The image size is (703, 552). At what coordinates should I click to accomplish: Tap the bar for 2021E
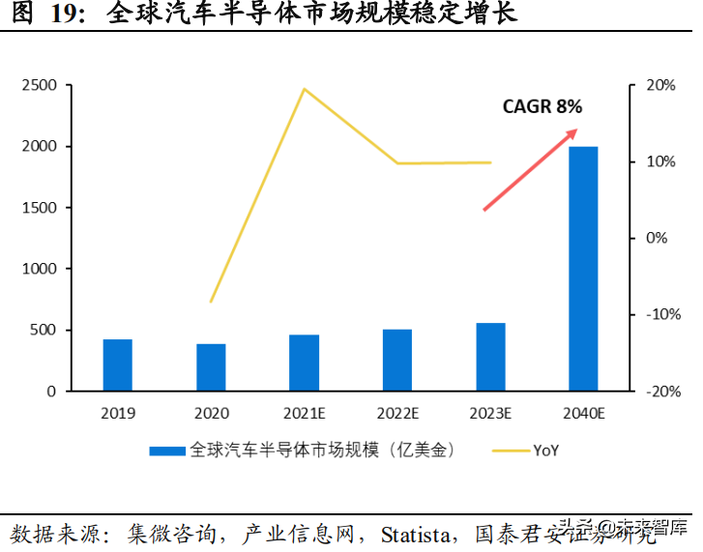click(x=304, y=363)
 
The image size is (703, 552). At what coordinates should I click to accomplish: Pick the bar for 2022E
click(x=396, y=361)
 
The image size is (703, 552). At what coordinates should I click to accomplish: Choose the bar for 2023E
click(x=490, y=357)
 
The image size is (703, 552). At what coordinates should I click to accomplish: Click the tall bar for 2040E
click(x=583, y=269)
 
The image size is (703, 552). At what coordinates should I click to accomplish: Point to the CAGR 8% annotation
click(x=542, y=106)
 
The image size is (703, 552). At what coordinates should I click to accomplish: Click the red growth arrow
click(x=530, y=169)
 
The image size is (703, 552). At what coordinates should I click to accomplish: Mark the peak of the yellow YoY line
click(x=304, y=89)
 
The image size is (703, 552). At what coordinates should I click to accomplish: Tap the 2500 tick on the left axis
click(x=40, y=85)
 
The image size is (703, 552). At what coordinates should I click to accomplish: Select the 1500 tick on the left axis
click(x=40, y=208)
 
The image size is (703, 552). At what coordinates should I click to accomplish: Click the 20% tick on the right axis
click(x=661, y=85)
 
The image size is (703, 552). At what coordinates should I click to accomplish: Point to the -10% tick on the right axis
click(x=661, y=314)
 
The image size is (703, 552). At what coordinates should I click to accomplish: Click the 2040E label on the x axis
click(x=583, y=414)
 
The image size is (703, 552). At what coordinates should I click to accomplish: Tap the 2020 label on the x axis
click(x=211, y=414)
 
